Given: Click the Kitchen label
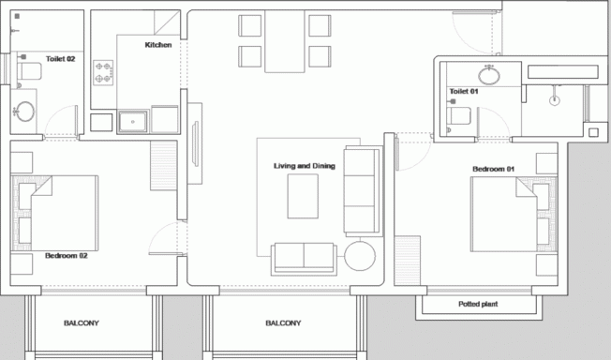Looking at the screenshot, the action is pos(158,45).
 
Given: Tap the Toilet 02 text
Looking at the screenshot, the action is pos(60,59).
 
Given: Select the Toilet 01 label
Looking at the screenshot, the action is pos(464,91).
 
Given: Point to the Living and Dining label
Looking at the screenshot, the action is pos(305,166).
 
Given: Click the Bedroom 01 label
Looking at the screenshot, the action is pos(493,169).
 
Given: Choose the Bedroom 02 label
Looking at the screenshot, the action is pos(67,256).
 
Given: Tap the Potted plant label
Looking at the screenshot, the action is pos(478,304).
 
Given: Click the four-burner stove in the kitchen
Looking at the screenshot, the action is pos(103,72).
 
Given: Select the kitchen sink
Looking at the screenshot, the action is pos(133,122).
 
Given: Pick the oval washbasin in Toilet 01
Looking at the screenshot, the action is pos(489,75).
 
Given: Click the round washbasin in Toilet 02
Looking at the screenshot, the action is pos(25,112).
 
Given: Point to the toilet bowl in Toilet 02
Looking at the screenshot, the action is pos(30,71).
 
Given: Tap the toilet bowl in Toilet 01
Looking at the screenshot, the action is pos(458,116).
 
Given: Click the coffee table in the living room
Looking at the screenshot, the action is pos(303,196).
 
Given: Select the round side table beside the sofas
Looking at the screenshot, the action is pos(360,256).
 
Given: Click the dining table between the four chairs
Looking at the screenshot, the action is pos(285,41).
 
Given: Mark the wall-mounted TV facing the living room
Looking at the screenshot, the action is pos(195,144).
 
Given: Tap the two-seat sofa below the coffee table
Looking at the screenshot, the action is pos(304,259).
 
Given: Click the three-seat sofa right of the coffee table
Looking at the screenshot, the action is pos(363,190).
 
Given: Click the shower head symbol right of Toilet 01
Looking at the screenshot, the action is pos(555,100).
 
